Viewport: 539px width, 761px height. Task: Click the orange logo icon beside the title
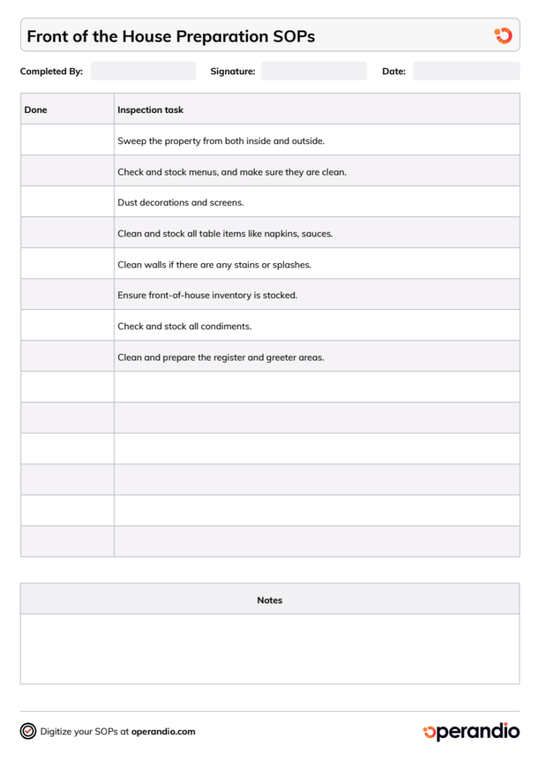[x=503, y=36]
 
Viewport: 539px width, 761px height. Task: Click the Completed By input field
[x=143, y=71]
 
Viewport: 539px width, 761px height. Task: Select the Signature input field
[x=314, y=71]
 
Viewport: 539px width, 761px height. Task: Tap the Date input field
[x=466, y=71]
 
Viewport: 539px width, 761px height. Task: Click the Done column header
[x=36, y=110]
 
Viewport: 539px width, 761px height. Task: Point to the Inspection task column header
[x=150, y=110]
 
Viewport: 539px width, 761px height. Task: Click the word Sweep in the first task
[x=132, y=140]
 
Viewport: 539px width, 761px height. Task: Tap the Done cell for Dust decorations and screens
[x=67, y=202]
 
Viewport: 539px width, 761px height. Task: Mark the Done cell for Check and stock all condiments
[x=67, y=326]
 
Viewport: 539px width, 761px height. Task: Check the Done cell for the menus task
[x=67, y=172]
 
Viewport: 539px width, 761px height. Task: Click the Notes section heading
[x=269, y=600]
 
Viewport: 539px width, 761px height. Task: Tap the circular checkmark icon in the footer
[x=28, y=731]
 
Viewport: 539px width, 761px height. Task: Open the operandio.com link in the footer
[x=163, y=731]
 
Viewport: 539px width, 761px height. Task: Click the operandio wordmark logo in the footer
[x=471, y=731]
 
